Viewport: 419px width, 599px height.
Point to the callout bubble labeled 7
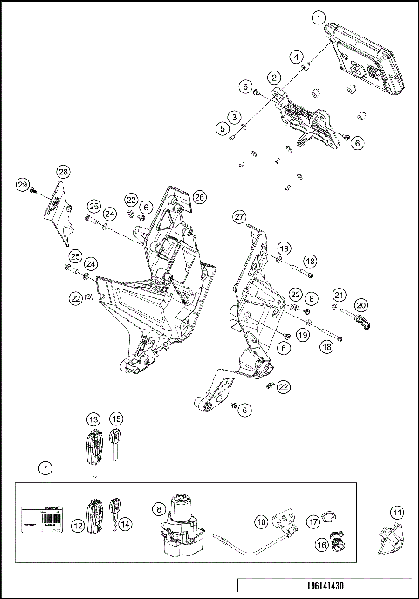[x=45, y=468]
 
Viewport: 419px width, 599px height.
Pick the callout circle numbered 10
[x=261, y=521]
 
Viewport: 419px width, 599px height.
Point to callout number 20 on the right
[x=361, y=305]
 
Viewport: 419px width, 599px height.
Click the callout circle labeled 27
[x=238, y=215]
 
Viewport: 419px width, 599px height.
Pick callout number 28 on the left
[x=63, y=171]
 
